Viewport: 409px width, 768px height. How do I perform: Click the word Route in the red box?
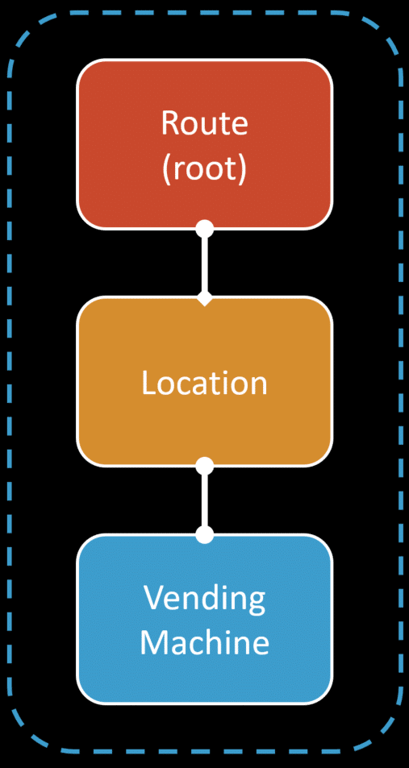(205, 123)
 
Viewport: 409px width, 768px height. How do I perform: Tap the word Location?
(205, 383)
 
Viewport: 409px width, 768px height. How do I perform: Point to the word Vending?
(205, 598)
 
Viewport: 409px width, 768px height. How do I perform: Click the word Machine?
(205, 641)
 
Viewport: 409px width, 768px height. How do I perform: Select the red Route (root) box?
(205, 143)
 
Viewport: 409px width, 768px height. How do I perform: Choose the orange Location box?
(205, 381)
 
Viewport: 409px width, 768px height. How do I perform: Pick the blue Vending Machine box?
(205, 619)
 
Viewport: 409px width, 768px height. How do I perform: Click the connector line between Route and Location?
(205, 263)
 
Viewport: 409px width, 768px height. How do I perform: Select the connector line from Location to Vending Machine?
(205, 500)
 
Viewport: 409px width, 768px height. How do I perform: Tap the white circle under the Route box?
(205, 228)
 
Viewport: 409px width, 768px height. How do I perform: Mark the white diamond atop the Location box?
(205, 298)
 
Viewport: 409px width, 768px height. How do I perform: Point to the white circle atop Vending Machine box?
(205, 533)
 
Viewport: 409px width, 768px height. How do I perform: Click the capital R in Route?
(170, 123)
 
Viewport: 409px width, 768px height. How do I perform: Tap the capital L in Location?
(149, 383)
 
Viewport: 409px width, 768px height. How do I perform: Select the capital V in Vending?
(153, 597)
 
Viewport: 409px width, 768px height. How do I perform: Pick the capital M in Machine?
(154, 642)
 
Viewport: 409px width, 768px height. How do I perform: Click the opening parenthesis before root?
(167, 171)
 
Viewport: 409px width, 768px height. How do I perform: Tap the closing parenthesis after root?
(242, 171)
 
